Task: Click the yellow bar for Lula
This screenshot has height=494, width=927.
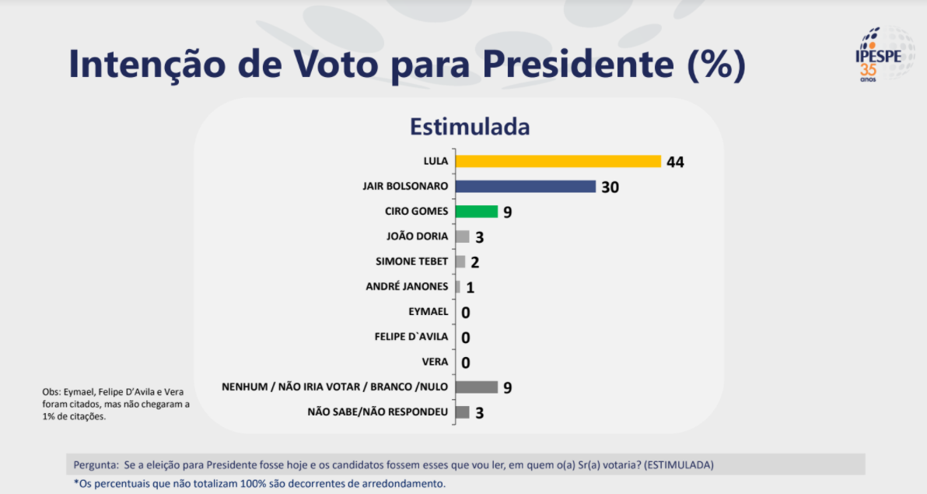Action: (x=558, y=161)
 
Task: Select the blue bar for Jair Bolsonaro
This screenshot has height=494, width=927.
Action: (x=525, y=187)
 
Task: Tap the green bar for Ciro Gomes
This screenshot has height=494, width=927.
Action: (x=476, y=212)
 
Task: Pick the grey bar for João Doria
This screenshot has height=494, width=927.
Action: (x=462, y=236)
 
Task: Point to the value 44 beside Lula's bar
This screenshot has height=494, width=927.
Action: (x=675, y=162)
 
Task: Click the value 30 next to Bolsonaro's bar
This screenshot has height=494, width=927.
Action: (x=610, y=187)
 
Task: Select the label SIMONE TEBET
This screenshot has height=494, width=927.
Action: (x=411, y=261)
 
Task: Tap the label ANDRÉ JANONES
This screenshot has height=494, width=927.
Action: (x=407, y=286)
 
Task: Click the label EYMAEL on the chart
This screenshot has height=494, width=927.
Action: (x=428, y=312)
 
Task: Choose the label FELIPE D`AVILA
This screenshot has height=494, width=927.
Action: (x=411, y=337)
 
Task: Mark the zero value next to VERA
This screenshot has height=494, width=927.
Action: (x=466, y=363)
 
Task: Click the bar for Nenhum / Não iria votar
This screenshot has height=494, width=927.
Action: (x=476, y=387)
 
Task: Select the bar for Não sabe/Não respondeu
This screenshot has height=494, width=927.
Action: (x=462, y=412)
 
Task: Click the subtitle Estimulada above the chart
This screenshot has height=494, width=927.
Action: (x=470, y=126)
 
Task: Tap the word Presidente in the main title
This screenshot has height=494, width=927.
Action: (x=580, y=65)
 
